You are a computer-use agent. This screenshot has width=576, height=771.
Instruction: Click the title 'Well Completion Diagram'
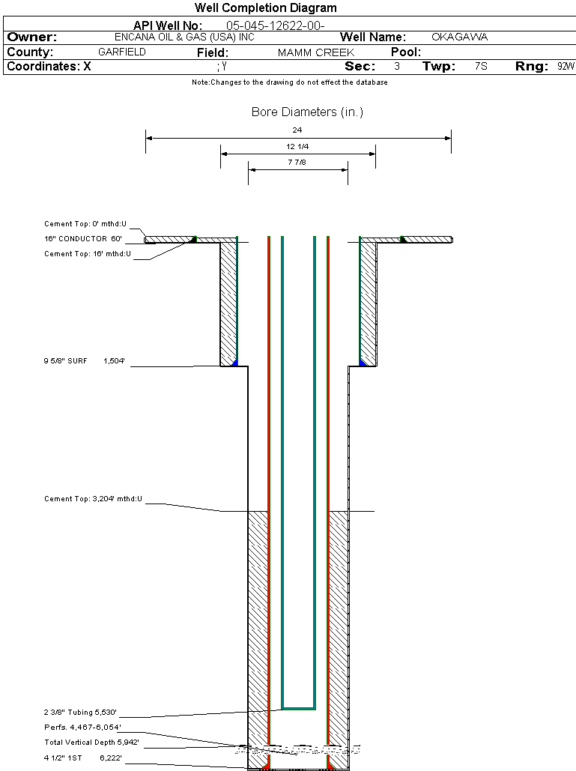coord(266,8)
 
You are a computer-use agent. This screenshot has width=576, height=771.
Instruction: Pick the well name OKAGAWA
coord(460,37)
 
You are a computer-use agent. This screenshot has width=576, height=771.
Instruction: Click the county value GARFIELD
coord(122,52)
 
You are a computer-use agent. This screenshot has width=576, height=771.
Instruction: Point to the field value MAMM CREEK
coord(315,52)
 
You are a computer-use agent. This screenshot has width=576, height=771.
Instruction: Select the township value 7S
coord(481,67)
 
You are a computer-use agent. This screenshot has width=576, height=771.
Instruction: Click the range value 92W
coord(566,67)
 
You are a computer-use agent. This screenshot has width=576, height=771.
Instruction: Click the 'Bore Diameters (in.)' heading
coord(307,112)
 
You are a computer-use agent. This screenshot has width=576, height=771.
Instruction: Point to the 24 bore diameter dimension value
coord(297,130)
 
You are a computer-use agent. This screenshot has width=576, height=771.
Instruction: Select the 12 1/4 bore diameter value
coord(297,146)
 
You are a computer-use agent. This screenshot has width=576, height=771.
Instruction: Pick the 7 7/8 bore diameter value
coord(297,162)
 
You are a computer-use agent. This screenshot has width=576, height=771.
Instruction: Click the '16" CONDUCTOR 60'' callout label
coord(83,239)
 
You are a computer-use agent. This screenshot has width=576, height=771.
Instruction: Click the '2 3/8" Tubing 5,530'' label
coord(81,713)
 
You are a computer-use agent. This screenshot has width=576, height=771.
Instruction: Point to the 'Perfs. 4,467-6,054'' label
coord(82,728)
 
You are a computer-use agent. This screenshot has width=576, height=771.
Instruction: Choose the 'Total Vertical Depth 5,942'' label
coord(91,743)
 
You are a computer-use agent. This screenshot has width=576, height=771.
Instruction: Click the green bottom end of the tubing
coord(298,707)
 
